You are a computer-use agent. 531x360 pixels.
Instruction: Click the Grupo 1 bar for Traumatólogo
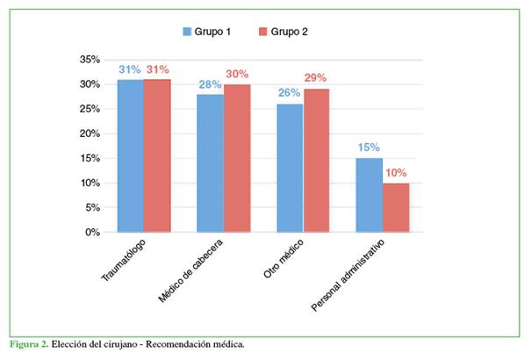click(131, 155)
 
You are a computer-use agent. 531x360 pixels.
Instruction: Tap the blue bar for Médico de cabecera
click(210, 163)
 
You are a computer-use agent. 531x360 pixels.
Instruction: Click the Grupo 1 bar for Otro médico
click(290, 168)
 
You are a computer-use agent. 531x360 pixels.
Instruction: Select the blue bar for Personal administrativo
click(370, 195)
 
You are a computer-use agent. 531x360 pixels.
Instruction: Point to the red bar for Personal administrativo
click(396, 207)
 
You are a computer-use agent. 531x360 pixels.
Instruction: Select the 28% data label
click(210, 85)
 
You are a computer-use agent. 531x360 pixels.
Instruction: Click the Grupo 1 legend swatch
click(187, 32)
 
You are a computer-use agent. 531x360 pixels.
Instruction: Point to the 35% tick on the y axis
click(90, 60)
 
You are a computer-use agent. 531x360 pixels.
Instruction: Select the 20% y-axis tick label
click(90, 134)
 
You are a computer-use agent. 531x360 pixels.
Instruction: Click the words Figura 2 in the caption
click(27, 343)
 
